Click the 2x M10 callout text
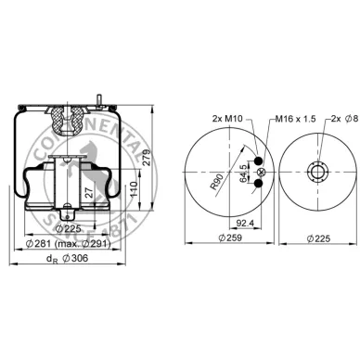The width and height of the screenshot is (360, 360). point(226,121)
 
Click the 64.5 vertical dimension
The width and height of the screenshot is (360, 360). point(244,173)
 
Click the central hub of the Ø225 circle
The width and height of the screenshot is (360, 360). point(318,173)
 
